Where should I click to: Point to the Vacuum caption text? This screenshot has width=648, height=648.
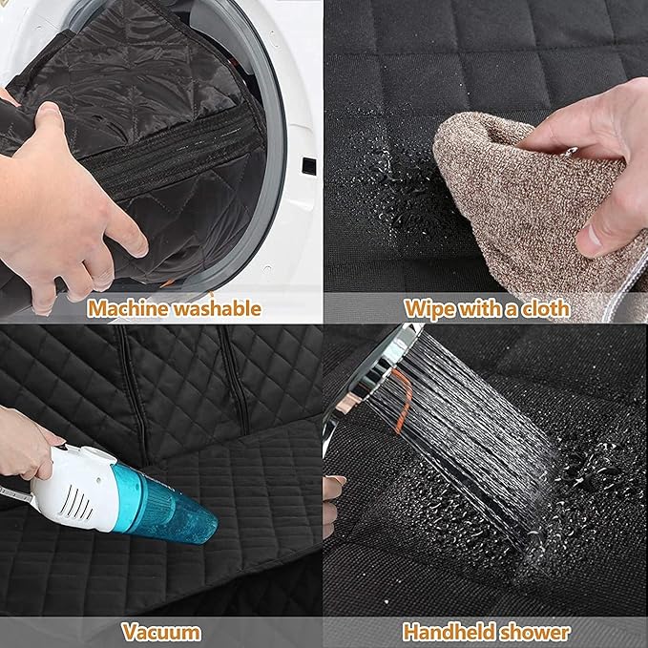point(161,632)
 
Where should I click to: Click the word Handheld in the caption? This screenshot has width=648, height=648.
point(448,632)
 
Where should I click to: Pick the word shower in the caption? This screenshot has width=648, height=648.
point(535,632)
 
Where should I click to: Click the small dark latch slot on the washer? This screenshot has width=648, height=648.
point(308,166)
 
